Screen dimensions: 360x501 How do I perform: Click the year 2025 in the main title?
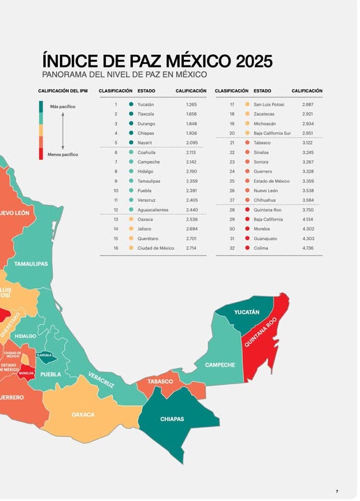pyautogui.click(x=254, y=61)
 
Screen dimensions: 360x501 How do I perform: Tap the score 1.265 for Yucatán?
pyautogui.click(x=191, y=104)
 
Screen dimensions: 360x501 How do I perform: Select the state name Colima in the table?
pyautogui.click(x=261, y=248)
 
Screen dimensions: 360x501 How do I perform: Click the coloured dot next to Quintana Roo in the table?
pyautogui.click(x=247, y=209)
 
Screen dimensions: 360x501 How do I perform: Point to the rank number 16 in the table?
pyautogui.click(x=116, y=248)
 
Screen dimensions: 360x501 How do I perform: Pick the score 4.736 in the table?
pyautogui.click(x=308, y=248)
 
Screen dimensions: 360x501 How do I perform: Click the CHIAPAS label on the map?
pyautogui.click(x=172, y=419)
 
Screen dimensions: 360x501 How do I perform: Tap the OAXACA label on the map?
pyautogui.click(x=83, y=415)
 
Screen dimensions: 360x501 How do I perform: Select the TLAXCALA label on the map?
pyautogui.click(x=44, y=355)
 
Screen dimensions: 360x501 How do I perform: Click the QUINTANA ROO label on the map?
pyautogui.click(x=260, y=332)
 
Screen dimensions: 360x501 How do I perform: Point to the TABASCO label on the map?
pyautogui.click(x=160, y=381)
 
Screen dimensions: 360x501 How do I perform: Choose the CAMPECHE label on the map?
pyautogui.click(x=220, y=365)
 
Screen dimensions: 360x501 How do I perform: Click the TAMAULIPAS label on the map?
pyautogui.click(x=31, y=264)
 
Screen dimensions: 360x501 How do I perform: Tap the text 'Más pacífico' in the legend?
pyautogui.click(x=63, y=106)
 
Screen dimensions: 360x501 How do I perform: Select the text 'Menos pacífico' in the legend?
pyautogui.click(x=63, y=154)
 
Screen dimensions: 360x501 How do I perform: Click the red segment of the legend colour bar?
pyautogui.click(x=41, y=154)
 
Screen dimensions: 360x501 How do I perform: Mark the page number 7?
pyautogui.click(x=336, y=491)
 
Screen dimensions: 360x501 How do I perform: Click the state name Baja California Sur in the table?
pyautogui.click(x=272, y=133)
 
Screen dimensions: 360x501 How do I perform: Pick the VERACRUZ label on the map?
pyautogui.click(x=101, y=380)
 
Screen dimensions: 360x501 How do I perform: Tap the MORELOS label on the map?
pyautogui.click(x=26, y=373)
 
